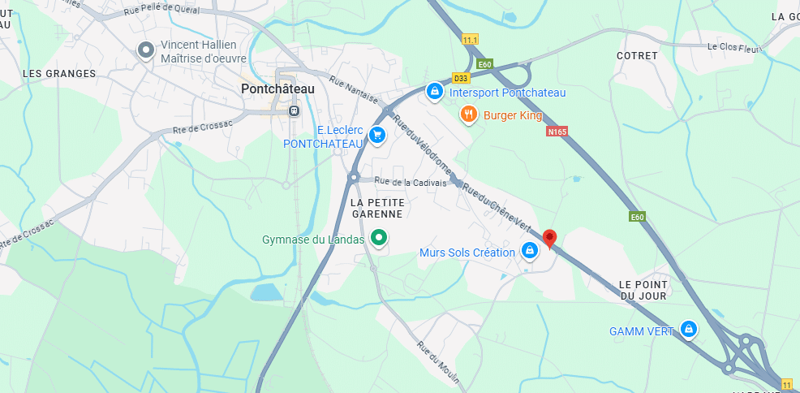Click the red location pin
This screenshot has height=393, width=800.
550,237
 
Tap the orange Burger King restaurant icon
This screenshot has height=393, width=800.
468,114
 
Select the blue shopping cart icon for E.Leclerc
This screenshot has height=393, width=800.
376,135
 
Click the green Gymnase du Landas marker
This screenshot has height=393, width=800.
378,238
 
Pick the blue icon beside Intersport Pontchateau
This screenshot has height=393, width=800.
435,91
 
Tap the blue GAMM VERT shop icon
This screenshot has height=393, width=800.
689,329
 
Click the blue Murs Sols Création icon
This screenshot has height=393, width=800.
529,250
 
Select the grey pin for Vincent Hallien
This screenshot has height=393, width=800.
146,50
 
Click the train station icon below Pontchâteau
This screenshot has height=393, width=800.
294,110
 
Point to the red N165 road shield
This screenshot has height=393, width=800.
557,131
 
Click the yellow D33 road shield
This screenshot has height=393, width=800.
460,78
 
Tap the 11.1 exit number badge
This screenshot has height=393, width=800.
471,39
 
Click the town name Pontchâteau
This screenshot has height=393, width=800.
277,89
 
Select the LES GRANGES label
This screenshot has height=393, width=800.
59,73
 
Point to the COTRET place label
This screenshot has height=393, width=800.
637,55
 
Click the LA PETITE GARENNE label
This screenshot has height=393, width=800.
376,207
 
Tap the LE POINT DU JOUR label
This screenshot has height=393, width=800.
643,289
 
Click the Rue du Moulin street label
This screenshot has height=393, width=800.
439,363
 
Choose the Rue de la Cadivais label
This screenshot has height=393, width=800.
410,182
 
